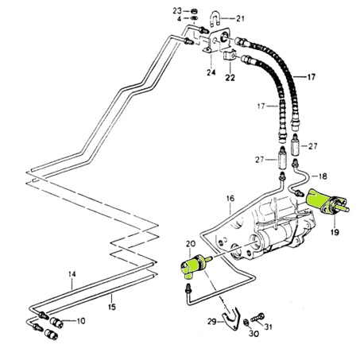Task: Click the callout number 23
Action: click(177, 11)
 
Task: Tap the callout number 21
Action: click(240, 18)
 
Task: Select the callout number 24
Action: click(211, 72)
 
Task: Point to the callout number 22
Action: click(230, 78)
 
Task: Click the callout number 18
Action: click(323, 176)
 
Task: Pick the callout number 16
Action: click(230, 198)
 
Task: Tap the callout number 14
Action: click(72, 274)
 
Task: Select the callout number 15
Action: click(112, 307)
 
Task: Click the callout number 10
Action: click(81, 321)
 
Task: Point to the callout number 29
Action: click(212, 322)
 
